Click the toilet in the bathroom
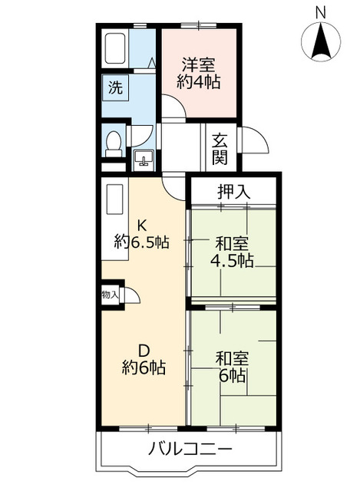(x=114, y=143)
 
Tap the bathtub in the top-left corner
(x=115, y=48)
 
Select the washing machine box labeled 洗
(x=115, y=87)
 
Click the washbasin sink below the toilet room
(x=144, y=160)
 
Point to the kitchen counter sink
(x=114, y=199)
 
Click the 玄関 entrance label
(x=220, y=149)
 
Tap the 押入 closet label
(x=234, y=192)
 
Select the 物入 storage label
(x=110, y=295)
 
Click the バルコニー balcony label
(x=190, y=450)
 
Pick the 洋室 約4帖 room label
(x=199, y=74)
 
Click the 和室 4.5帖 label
(x=232, y=252)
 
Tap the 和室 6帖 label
(x=232, y=367)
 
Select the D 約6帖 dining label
(x=144, y=359)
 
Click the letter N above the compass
(x=321, y=13)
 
